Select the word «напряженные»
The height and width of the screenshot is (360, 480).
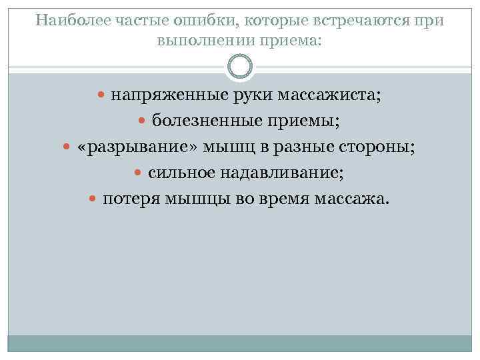click(160, 95)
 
